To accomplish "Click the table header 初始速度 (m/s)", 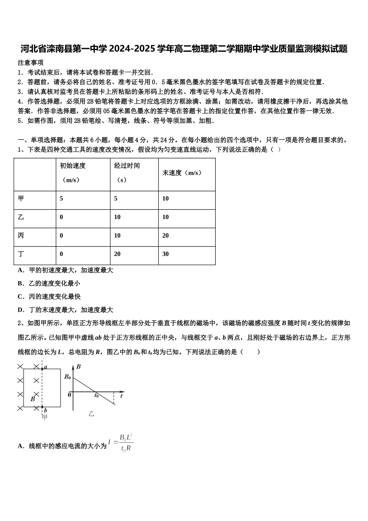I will [72, 173].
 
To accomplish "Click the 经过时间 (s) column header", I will [127, 173].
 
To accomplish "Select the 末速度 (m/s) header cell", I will [182, 173].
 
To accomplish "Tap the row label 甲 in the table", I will [21, 198].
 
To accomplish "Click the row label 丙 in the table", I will [21, 236].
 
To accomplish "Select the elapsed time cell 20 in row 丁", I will [117, 254].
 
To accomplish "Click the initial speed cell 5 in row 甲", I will [61, 198].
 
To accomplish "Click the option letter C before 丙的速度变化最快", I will [21, 297].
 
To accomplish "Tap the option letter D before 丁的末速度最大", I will [21, 310].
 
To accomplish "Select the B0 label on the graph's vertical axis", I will [67, 377].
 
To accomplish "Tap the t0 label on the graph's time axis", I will [96, 396].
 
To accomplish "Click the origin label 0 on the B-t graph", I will [69, 395].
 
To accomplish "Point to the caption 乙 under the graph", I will [91, 414].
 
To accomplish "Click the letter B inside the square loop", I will [33, 399].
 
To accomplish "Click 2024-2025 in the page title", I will [132, 49].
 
